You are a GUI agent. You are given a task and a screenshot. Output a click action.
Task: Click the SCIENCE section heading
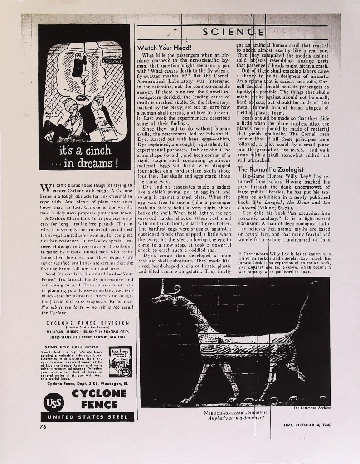click(234, 32)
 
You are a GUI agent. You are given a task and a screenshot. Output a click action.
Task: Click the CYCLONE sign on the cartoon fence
click(110, 61)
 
